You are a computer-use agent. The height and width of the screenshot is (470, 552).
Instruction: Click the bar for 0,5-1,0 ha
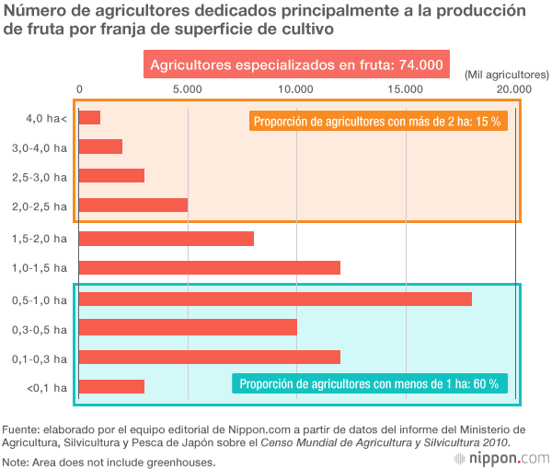[275, 299]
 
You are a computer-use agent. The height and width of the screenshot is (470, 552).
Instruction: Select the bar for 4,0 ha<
[89, 118]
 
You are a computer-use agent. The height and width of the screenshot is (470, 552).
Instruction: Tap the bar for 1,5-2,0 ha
[167, 239]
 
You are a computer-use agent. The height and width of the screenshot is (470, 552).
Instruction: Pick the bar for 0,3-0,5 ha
[188, 328]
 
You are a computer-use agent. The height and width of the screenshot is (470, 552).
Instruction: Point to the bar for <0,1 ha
[111, 387]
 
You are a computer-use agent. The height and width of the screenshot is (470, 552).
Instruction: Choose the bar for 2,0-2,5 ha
[133, 205]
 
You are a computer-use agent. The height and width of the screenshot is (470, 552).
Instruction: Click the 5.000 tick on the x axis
[188, 88]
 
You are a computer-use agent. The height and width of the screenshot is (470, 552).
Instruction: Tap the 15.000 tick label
[405, 88]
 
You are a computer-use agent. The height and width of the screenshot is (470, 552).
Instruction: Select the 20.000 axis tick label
[513, 88]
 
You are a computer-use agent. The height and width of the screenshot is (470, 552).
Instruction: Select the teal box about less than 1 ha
[368, 384]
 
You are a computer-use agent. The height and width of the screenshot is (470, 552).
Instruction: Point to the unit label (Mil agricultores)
[506, 73]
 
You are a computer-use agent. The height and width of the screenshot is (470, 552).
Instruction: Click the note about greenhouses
[109, 462]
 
